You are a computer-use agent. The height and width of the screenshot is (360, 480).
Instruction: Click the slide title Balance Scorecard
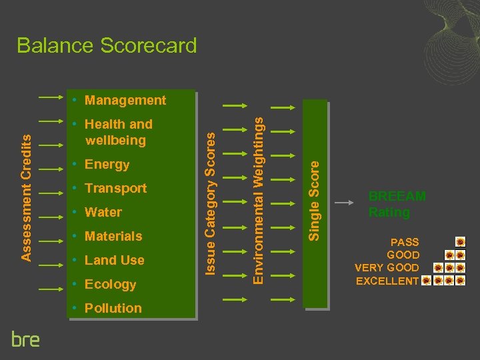[107, 46]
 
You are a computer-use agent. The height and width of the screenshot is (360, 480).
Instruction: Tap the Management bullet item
[125, 101]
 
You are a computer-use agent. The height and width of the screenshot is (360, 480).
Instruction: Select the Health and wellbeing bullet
[117, 132]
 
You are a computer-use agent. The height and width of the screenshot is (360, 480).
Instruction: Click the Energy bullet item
[107, 165]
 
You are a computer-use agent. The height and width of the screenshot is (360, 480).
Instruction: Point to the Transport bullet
[115, 189]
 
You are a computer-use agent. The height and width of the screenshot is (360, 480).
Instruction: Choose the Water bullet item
[103, 213]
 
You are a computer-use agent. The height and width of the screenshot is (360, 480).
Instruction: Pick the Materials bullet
[113, 237]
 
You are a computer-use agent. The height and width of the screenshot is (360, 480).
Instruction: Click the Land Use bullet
[114, 261]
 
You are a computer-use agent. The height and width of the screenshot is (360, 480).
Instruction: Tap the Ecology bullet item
[110, 285]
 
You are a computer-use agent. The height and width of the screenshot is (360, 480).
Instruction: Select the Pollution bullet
[113, 309]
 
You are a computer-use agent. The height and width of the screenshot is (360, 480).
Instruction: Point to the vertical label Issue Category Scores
[210, 202]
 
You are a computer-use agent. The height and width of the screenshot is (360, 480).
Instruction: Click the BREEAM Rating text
[397, 204]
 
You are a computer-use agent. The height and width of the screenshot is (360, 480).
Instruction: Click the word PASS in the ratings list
[405, 242]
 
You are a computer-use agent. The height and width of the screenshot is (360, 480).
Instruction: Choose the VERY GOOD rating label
[387, 268]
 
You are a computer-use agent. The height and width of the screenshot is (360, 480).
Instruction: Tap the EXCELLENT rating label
[387, 281]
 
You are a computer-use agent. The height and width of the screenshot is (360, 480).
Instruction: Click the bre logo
[25, 339]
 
